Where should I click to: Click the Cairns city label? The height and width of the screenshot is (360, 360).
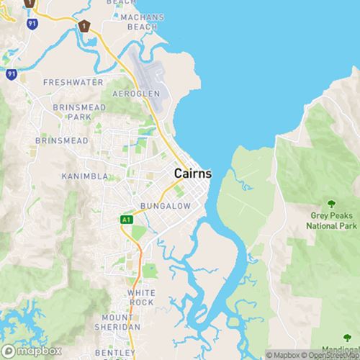pyautogui.click(x=193, y=174)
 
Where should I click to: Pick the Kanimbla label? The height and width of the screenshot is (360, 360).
pyautogui.click(x=84, y=176)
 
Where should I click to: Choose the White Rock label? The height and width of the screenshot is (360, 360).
pyautogui.click(x=141, y=297)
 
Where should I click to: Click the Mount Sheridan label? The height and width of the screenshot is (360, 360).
pyautogui.click(x=120, y=322)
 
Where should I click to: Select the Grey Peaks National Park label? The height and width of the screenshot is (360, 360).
pyautogui.click(x=333, y=220)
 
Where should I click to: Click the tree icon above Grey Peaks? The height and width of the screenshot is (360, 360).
pyautogui.click(x=332, y=204)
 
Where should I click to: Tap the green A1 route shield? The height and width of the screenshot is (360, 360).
pyautogui.click(x=127, y=219)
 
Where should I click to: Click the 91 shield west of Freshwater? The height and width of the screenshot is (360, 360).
pyautogui.click(x=12, y=73)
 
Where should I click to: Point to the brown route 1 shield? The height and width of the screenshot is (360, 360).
pyautogui.click(x=85, y=26)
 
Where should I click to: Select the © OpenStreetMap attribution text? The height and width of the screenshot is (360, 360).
pyautogui.click(x=328, y=355)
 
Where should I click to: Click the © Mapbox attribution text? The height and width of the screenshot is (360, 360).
pyautogui.click(x=283, y=355)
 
